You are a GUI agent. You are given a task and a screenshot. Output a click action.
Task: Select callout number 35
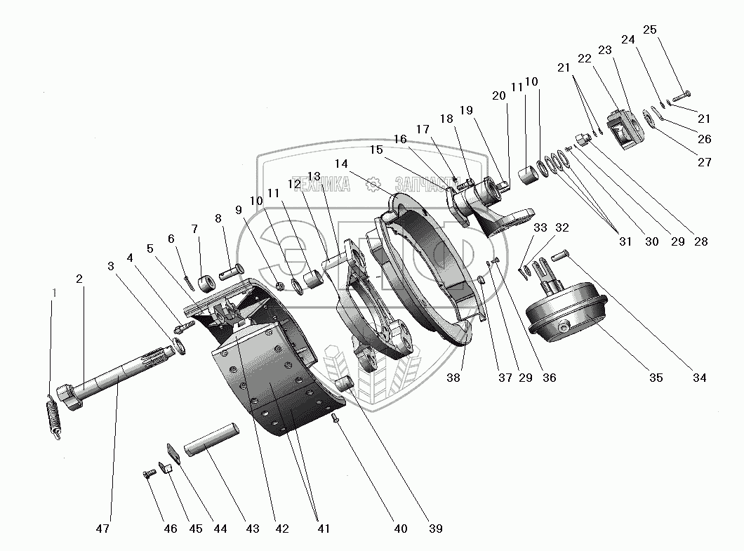[656, 378]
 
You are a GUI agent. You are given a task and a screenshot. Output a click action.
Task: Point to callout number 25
[650, 30]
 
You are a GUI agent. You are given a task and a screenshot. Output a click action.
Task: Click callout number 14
[341, 163]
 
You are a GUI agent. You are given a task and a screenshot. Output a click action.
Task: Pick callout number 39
[436, 528]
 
